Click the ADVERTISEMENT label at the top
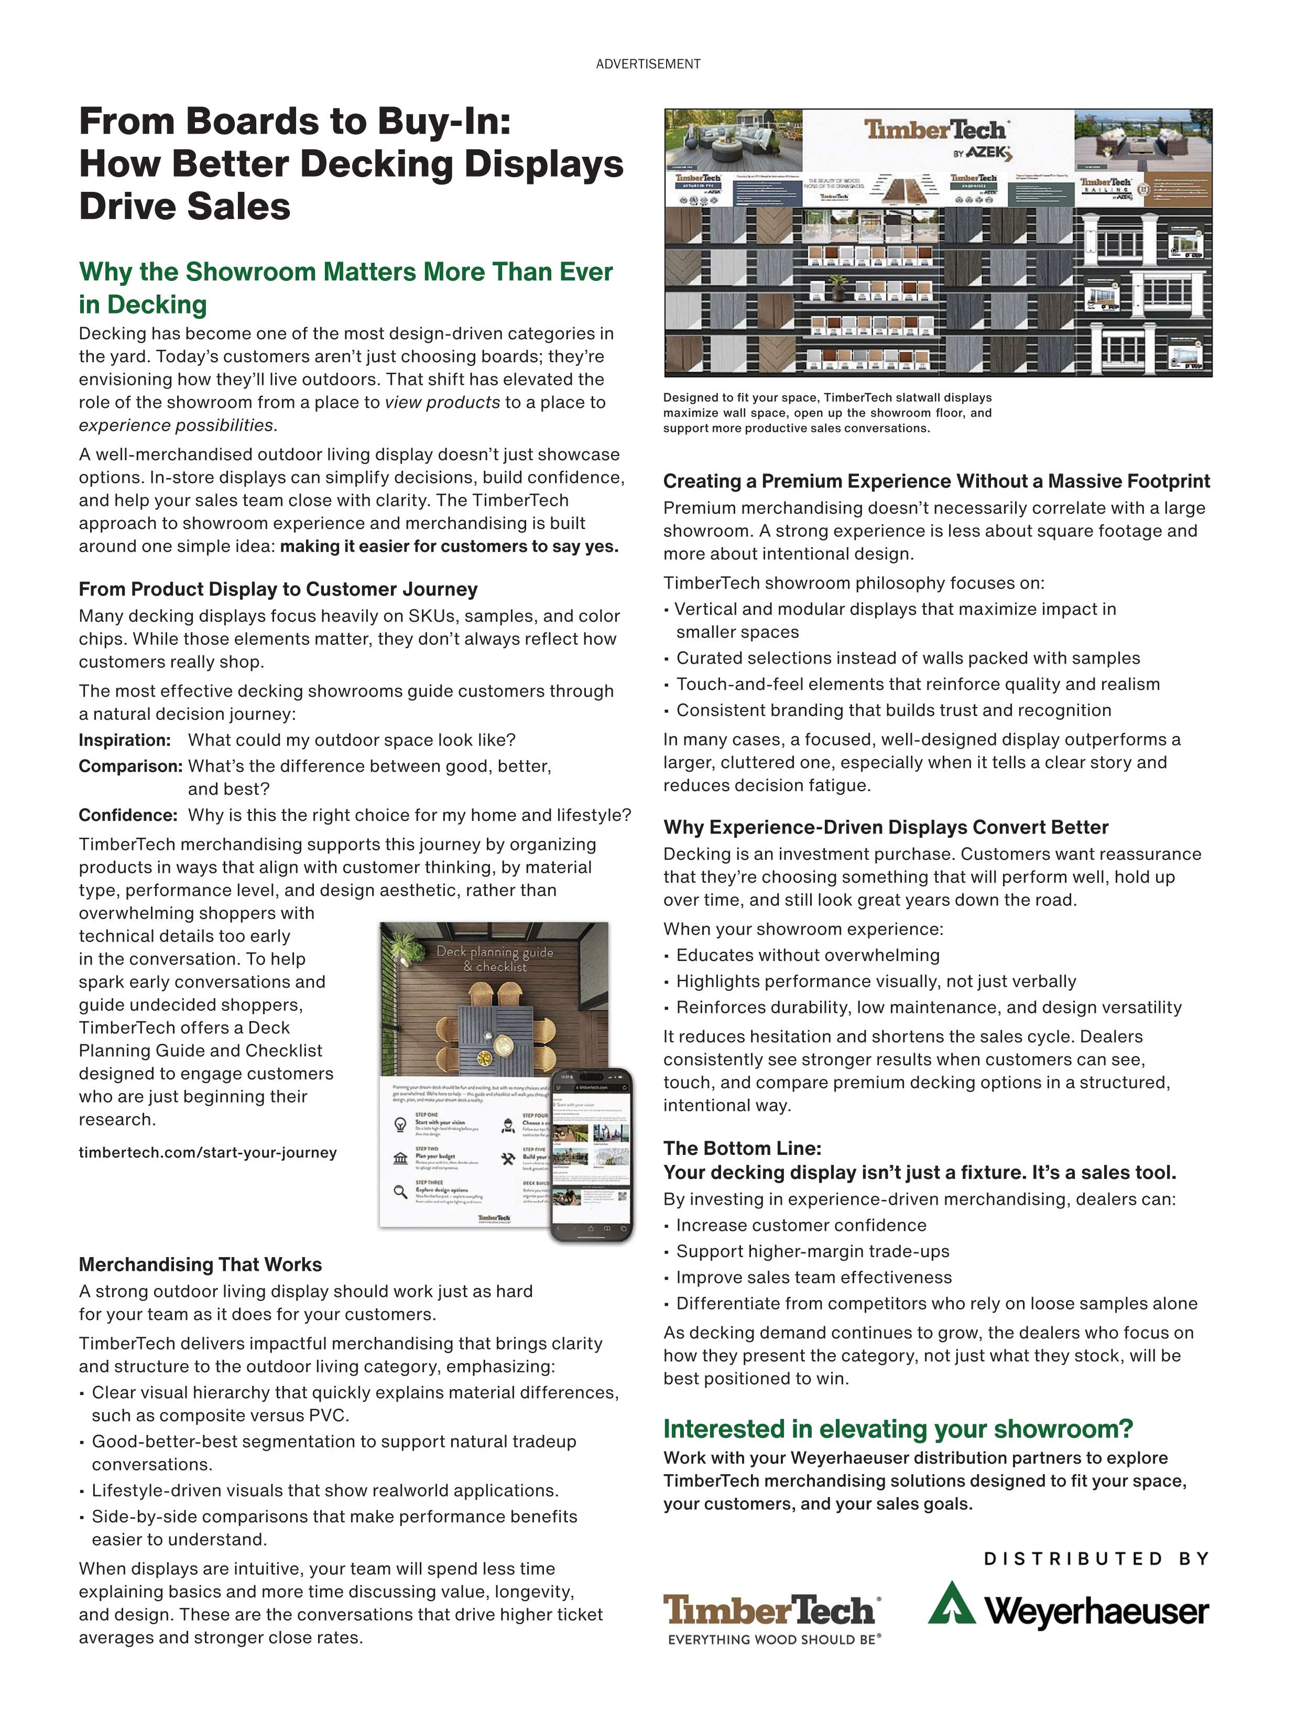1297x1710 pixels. pyautogui.click(x=648, y=64)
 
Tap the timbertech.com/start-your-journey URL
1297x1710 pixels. pyautogui.click(x=207, y=1153)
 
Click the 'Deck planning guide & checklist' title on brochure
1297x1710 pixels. pyautogui.click(x=495, y=959)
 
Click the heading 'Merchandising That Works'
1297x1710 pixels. pyautogui.click(x=200, y=1265)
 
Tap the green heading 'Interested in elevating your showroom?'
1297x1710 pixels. pyautogui.click(x=897, y=1428)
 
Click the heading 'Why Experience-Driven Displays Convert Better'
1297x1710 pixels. pyautogui.click(x=885, y=827)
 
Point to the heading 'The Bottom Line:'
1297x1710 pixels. pyautogui.click(x=742, y=1148)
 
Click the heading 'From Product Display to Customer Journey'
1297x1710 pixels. pyautogui.click(x=278, y=589)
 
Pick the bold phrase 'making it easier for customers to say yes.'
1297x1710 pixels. pyautogui.click(x=449, y=547)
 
